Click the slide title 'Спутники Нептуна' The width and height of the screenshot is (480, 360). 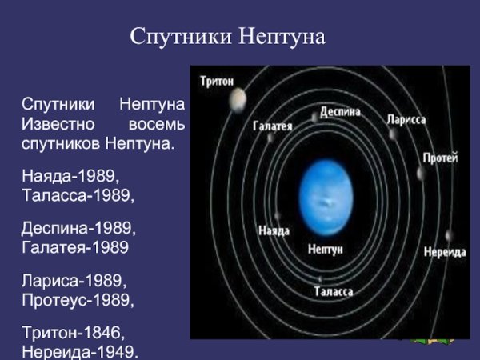pyautogui.click(x=228, y=37)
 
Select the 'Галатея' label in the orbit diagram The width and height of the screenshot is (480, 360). pyautogui.click(x=273, y=126)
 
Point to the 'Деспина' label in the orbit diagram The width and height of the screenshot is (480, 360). pyautogui.click(x=340, y=112)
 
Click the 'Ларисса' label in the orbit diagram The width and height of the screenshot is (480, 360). pyautogui.click(x=406, y=119)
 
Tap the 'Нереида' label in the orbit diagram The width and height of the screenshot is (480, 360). pyautogui.click(x=444, y=251)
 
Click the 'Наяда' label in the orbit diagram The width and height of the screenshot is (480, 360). pyautogui.click(x=274, y=230)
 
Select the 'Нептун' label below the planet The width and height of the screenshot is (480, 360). pyautogui.click(x=325, y=250)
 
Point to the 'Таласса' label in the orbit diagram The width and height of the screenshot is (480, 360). pyautogui.click(x=334, y=292)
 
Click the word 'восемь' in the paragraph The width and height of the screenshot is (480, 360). pyautogui.click(x=157, y=126)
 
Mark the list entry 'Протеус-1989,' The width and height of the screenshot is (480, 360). pyautogui.click(x=78, y=302)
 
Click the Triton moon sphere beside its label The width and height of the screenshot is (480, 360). pyautogui.click(x=238, y=98)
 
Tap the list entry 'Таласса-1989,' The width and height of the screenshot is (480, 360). pyautogui.click(x=78, y=194)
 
